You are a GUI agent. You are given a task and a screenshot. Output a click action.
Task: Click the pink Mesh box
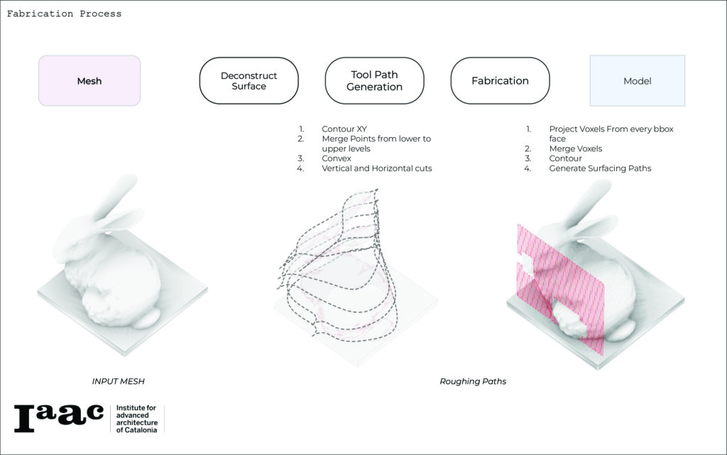pyautogui.click(x=89, y=81)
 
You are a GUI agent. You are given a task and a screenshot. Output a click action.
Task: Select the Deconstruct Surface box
pyautogui.click(x=248, y=81)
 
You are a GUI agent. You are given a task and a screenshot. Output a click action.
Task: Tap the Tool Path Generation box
pyautogui.click(x=374, y=81)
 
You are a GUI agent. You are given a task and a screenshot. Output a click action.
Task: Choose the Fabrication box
pyautogui.click(x=500, y=81)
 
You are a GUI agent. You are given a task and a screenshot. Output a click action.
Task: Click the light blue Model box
pyautogui.click(x=637, y=81)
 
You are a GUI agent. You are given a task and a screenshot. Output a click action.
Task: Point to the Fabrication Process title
pyautogui.click(x=64, y=14)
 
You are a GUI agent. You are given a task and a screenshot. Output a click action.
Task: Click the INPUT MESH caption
pyautogui.click(x=118, y=382)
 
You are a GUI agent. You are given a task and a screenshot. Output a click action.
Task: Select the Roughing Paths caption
pyautogui.click(x=473, y=382)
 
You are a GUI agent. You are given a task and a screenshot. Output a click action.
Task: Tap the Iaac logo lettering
pyautogui.click(x=58, y=418)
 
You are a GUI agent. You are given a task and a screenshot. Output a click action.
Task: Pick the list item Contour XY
pyautogui.click(x=344, y=129)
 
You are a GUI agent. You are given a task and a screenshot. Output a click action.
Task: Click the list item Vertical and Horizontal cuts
pyautogui.click(x=376, y=168)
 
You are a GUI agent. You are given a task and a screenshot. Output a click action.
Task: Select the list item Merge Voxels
pyautogui.click(x=575, y=149)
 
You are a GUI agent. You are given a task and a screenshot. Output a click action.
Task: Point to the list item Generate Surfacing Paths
pyautogui.click(x=600, y=168)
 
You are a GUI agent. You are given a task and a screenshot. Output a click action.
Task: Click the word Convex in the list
pyautogui.click(x=337, y=159)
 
